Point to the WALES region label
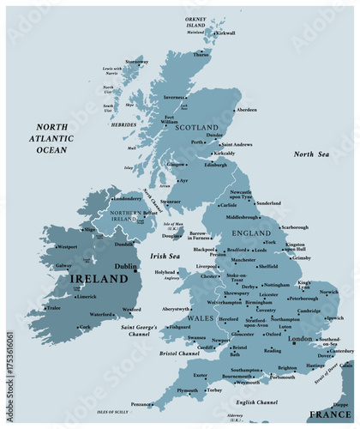201,318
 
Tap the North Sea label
311,154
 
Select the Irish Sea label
165,256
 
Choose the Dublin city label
127,267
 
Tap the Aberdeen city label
246,110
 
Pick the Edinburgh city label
215,165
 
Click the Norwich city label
329,292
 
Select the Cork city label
84,327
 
